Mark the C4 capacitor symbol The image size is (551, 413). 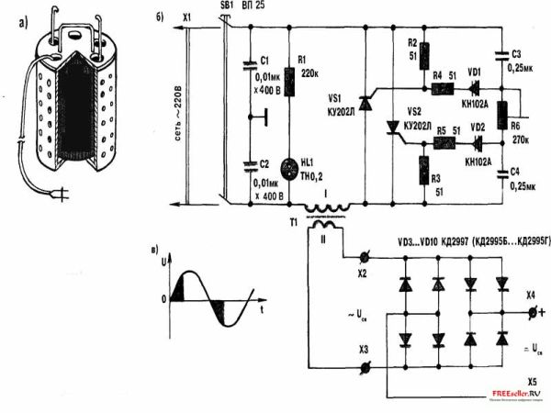(503, 172)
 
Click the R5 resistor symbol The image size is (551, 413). (442, 143)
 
